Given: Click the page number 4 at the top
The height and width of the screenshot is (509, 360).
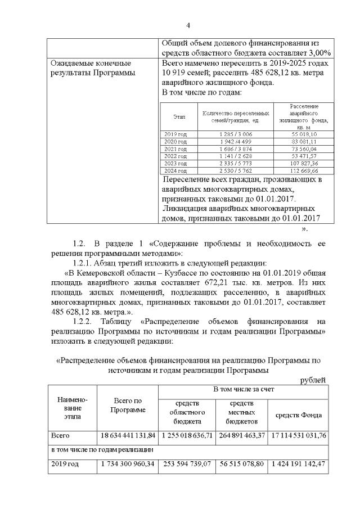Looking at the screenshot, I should coord(188,25).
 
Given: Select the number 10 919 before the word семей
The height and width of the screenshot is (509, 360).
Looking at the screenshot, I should coord(176,73).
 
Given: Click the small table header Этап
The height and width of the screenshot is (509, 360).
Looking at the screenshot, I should coord(179,117).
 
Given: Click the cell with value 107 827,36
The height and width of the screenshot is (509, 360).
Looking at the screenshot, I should coord(304,163).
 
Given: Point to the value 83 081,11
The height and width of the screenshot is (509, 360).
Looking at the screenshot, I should coord(304,142).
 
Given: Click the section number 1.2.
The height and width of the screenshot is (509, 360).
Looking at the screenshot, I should coord(79,244).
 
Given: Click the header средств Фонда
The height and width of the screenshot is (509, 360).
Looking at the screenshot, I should coord(298,415).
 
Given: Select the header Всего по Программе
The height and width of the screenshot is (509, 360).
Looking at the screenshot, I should coord(128,405).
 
